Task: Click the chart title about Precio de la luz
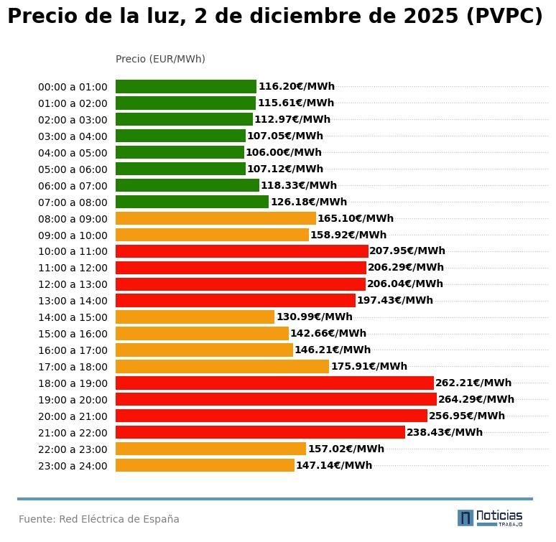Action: (275, 17)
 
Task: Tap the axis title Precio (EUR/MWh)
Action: (160, 59)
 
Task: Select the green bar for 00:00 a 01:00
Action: (185, 87)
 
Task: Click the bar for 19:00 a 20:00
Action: (276, 400)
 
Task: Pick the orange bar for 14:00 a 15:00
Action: (195, 317)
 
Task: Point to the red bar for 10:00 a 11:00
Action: (241, 251)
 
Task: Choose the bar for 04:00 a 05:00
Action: (180, 153)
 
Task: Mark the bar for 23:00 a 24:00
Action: (205, 465)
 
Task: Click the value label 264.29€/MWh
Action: (476, 400)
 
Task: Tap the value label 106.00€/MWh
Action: (284, 153)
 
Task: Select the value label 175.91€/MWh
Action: (369, 367)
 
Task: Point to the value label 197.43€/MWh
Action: (395, 301)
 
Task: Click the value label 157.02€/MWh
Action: (346, 449)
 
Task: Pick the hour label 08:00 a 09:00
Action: (73, 219)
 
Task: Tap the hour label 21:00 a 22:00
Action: (73, 433)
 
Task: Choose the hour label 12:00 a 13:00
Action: (73, 284)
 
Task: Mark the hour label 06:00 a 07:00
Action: (73, 186)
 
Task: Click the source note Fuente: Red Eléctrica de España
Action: (99, 519)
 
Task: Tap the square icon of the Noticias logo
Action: (465, 518)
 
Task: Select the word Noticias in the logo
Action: (499, 515)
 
